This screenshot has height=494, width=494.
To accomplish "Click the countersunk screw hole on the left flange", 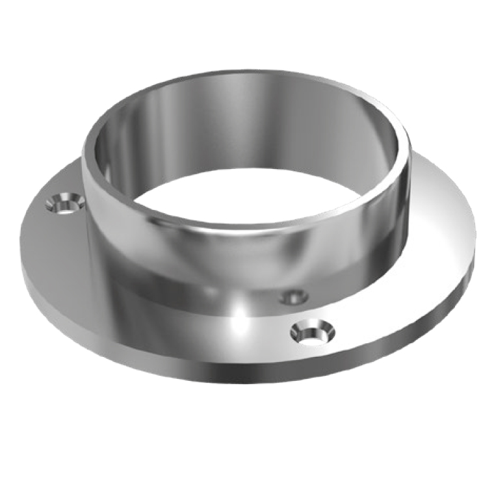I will tap(65, 203).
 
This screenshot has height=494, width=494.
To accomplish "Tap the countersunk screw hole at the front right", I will tap(313, 332).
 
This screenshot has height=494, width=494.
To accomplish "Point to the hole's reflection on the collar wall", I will tap(294, 297).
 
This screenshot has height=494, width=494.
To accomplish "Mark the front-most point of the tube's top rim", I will tap(247, 229).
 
